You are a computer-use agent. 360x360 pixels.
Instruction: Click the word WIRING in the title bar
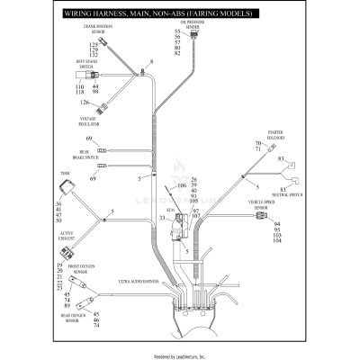click(x=79, y=14)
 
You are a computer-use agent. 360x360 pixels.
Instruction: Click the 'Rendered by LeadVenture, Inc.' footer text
click(x=180, y=355)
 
